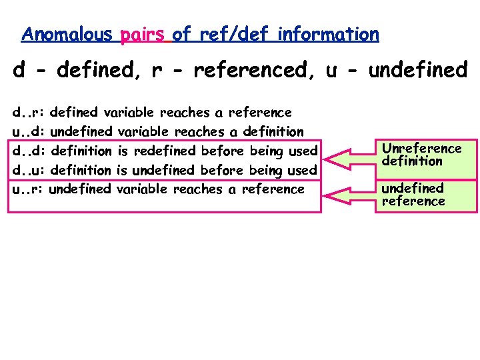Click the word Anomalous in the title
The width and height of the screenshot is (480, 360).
click(67, 34)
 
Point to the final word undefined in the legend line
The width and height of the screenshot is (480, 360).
click(418, 70)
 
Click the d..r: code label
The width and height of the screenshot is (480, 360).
click(28, 113)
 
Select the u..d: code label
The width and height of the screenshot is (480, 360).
click(28, 132)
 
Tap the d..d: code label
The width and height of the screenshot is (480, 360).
click(28, 151)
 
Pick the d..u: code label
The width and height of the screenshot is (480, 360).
click(28, 170)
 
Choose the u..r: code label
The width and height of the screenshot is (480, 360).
click(28, 189)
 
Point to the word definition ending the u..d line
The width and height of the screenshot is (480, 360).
click(273, 132)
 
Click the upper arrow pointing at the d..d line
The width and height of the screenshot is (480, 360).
click(351, 157)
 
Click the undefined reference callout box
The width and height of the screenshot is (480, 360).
click(426, 195)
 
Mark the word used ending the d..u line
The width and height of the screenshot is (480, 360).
click(303, 170)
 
